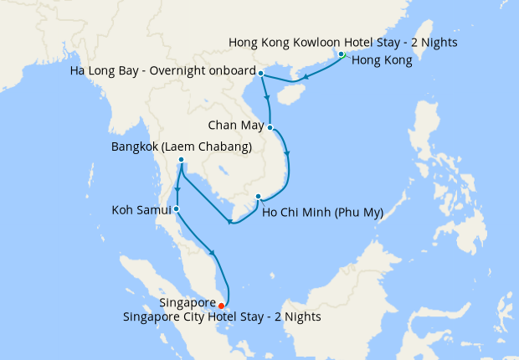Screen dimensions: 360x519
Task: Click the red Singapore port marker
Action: [x=221, y=306]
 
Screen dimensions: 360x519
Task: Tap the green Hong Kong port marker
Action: [x=342, y=54]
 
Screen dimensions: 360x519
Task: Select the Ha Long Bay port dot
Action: [x=261, y=74]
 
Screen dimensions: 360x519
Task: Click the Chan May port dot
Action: [x=270, y=127]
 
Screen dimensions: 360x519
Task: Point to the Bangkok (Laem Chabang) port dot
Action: [x=181, y=159]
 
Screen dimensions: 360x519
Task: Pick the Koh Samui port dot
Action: [x=176, y=208]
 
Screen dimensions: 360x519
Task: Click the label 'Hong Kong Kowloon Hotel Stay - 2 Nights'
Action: [x=342, y=42]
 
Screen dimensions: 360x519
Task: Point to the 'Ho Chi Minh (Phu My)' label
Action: [x=322, y=213]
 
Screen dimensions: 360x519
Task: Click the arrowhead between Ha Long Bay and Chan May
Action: [x=268, y=98]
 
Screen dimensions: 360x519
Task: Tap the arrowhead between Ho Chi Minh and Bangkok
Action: [x=230, y=222]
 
